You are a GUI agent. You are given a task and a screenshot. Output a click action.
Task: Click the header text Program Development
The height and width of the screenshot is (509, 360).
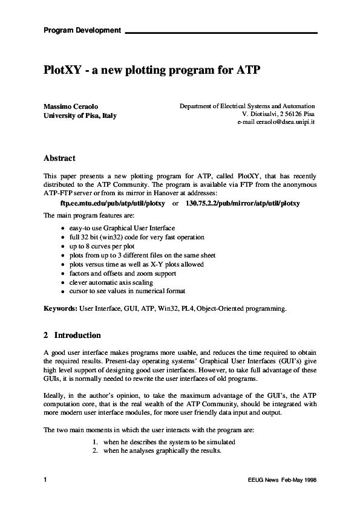82,30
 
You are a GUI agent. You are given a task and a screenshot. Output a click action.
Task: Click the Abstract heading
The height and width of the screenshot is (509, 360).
59,158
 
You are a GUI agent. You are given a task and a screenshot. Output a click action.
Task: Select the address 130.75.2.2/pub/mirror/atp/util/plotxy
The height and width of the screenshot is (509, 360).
243,204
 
